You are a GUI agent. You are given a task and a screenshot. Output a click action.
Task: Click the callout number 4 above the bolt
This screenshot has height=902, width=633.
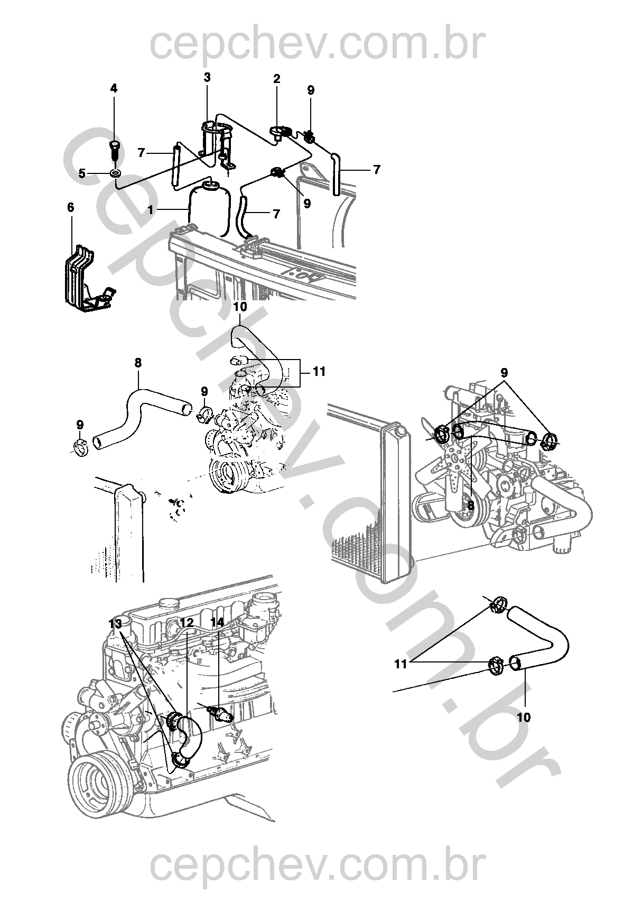114,88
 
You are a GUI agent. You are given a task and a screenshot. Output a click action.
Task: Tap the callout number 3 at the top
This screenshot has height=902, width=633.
207,77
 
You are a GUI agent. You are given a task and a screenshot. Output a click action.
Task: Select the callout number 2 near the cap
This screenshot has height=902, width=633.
276,79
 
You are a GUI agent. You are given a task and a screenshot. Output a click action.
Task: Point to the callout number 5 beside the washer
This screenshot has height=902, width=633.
82,173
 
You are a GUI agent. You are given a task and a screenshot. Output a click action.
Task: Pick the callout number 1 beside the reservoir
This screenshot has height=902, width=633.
151,210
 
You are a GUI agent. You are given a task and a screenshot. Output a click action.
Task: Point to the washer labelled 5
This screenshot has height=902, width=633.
116,174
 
